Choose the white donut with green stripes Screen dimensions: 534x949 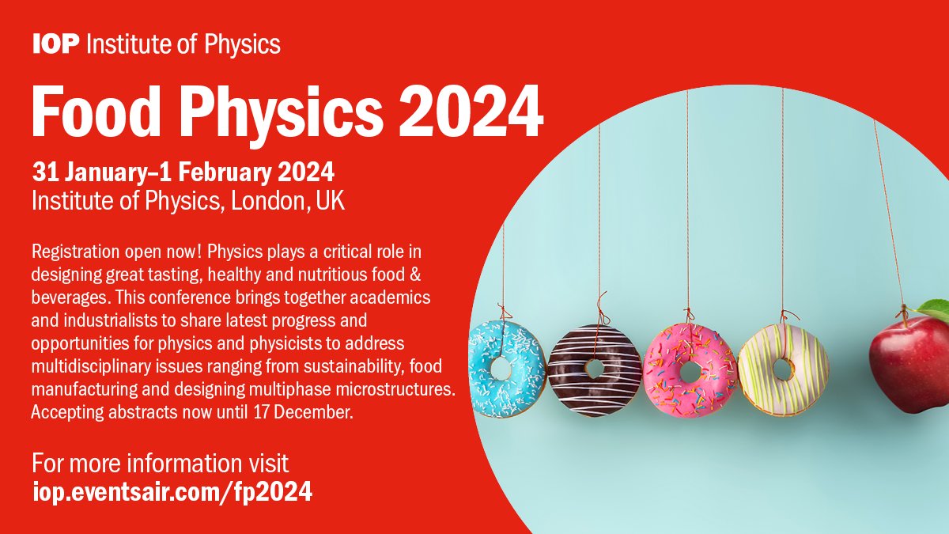point(783,369)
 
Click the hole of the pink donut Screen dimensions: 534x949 point(690,370)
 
